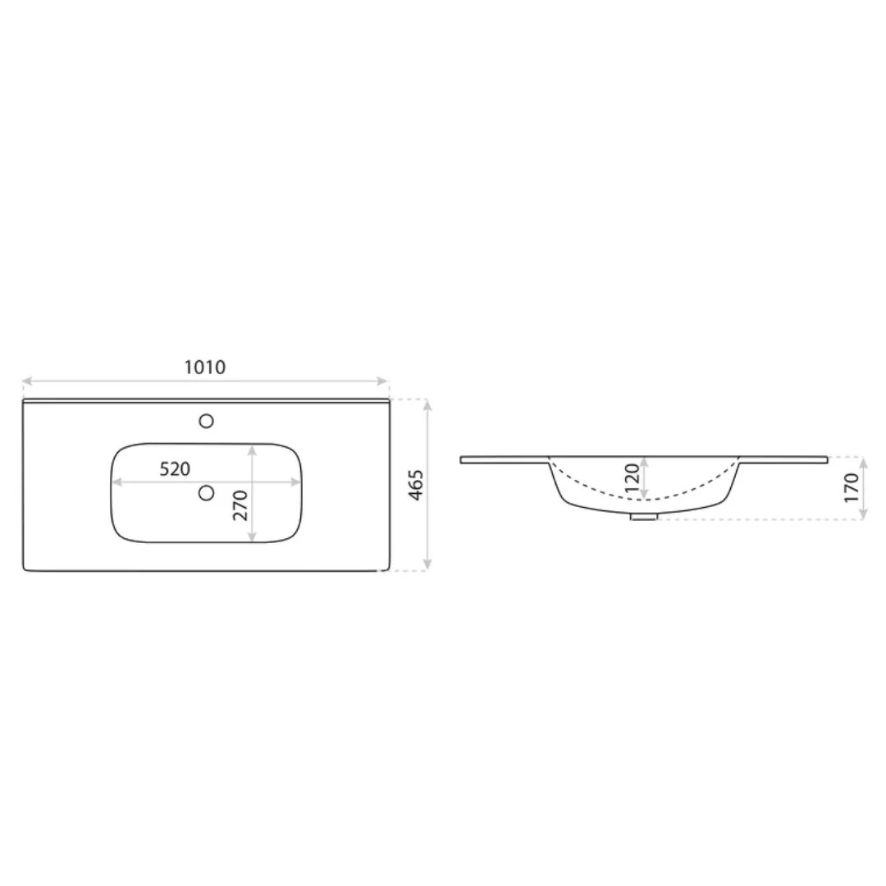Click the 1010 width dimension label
(204, 368)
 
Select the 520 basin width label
(175, 469)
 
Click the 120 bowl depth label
(631, 477)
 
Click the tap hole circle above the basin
(206, 421)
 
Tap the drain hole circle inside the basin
(206, 492)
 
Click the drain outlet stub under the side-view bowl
(643, 517)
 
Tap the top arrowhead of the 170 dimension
(863, 459)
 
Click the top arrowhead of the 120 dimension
(646, 459)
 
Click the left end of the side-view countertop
(463, 459)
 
